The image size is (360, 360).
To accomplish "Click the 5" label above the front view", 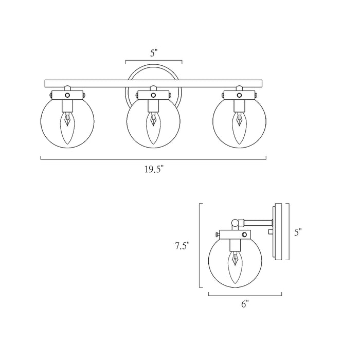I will (154, 52).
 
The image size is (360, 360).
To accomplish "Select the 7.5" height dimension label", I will (183, 246).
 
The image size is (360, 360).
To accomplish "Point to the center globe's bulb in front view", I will (153, 128).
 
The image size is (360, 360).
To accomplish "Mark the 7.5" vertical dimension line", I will (200, 246).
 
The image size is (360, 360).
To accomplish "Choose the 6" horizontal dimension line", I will (245, 294).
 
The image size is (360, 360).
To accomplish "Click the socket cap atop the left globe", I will (67, 95).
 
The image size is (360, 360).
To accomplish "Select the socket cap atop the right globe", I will (239, 95).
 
